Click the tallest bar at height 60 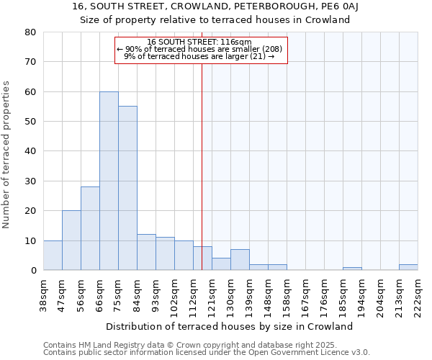pos(109,181)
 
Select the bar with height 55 pos(127,188)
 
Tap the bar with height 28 pos(90,228)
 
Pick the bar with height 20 pos(71,240)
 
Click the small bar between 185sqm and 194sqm pos(352,269)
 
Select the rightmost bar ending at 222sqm pos(408,267)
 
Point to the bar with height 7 pos(240,260)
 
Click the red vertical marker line pos(202,166)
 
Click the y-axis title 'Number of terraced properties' pos(7,154)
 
